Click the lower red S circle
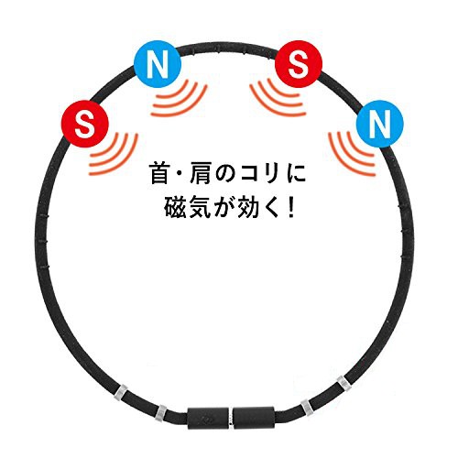[85, 124]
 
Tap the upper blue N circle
[158, 64]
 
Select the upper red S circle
[299, 64]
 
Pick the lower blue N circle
[380, 124]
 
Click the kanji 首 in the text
[160, 173]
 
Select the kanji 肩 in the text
[200, 173]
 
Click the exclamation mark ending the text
[290, 208]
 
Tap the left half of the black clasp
[208, 417]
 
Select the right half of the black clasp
[254, 417]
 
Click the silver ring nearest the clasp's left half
[160, 412]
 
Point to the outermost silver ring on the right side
[343, 385]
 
